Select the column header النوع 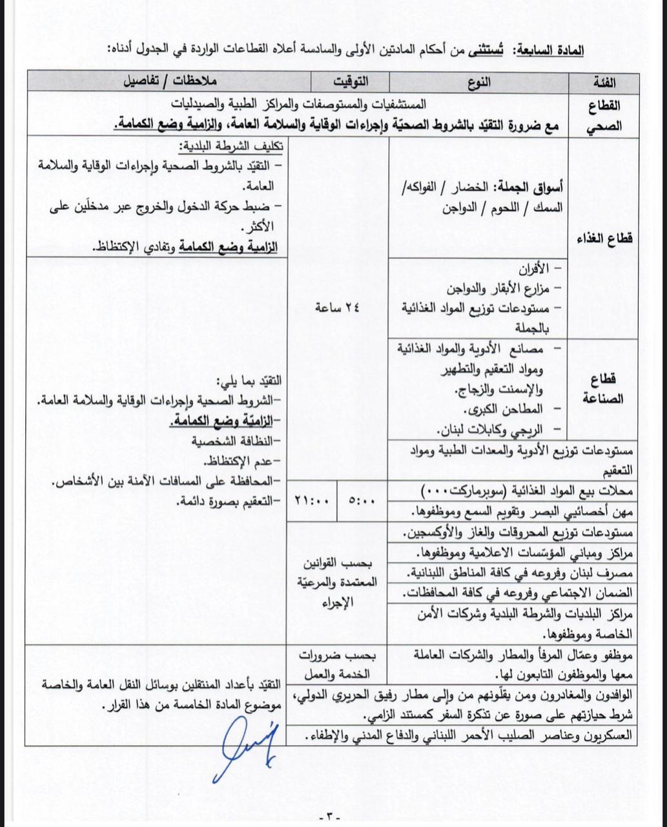pos(478,82)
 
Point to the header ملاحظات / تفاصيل pos(169,82)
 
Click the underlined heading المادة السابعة pos(553,50)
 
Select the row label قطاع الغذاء pos(605,238)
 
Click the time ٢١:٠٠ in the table pos(312,499)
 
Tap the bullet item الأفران pos(535,267)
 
